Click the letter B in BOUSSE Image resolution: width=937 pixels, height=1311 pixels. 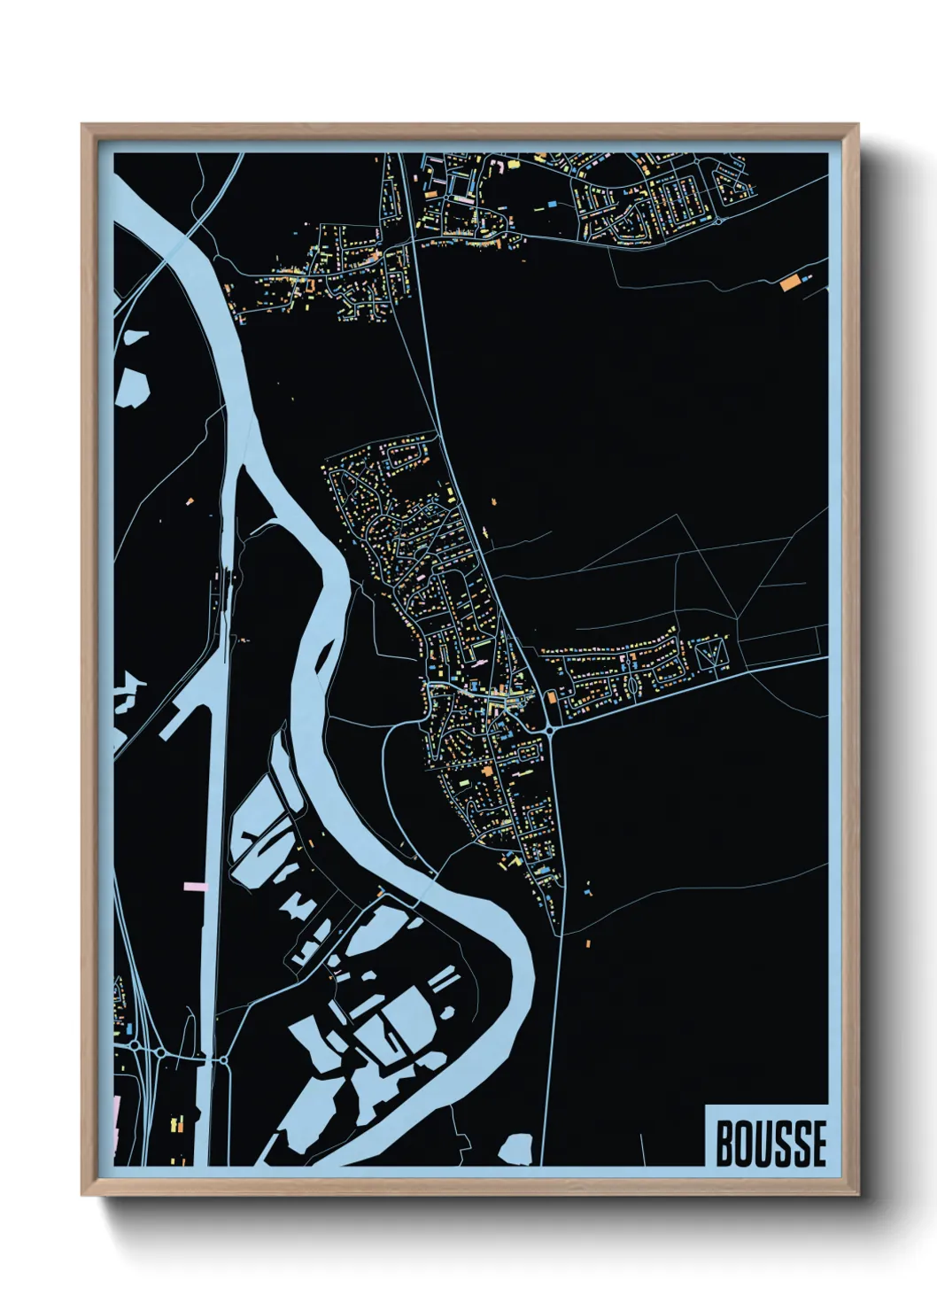click(x=724, y=1144)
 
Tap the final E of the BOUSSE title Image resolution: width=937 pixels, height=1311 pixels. click(x=817, y=1144)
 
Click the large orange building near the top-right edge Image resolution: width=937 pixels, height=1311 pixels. click(x=789, y=283)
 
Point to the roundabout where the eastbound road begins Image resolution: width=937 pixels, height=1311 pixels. click(x=551, y=730)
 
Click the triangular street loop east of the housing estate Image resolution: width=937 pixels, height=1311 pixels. click(x=710, y=655)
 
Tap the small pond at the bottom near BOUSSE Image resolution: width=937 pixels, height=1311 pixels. click(x=516, y=1149)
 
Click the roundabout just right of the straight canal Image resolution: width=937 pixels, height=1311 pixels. click(x=223, y=1059)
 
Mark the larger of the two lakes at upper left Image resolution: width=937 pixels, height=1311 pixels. click(x=131, y=386)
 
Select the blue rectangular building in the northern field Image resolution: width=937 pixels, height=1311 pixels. click(x=554, y=204)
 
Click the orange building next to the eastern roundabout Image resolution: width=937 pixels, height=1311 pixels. click(x=550, y=698)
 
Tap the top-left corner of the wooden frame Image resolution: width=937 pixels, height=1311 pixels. click(x=83, y=126)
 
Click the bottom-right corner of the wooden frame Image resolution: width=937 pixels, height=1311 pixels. click(x=857, y=1194)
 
